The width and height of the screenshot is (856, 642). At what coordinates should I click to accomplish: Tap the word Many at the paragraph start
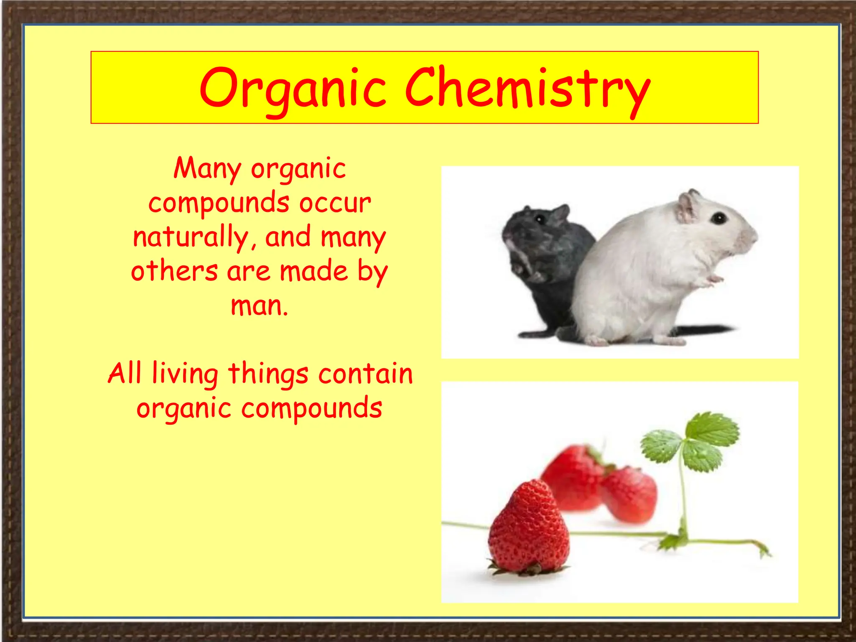pyautogui.click(x=207, y=168)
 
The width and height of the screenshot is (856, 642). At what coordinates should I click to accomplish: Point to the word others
pyautogui.click(x=174, y=271)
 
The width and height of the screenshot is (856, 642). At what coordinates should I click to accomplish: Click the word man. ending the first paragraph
pyautogui.click(x=259, y=306)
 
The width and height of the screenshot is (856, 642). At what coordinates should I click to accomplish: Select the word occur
pyautogui.click(x=335, y=203)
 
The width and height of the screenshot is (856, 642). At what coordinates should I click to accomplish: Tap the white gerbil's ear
pyautogui.click(x=687, y=207)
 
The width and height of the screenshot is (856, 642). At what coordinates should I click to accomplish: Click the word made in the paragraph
pyautogui.click(x=313, y=271)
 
